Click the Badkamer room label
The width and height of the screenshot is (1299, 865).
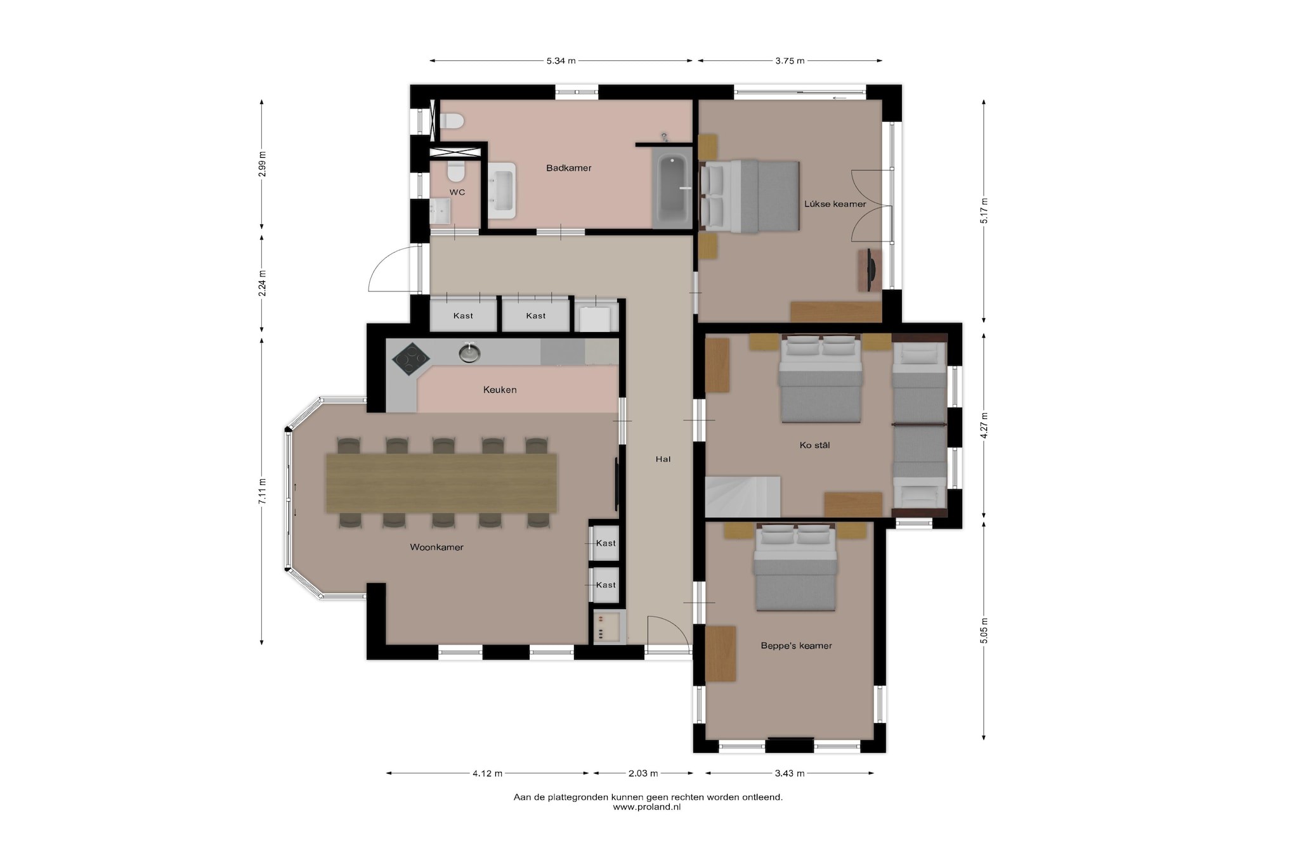568,168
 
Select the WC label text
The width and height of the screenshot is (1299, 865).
457,192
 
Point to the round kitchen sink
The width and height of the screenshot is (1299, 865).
469,352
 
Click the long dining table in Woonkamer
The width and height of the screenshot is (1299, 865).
441,483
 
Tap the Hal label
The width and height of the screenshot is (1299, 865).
663,459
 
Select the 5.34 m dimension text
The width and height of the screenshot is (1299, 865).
561,61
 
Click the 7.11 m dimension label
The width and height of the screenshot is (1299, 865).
262,490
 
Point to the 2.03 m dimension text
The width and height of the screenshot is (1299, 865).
643,773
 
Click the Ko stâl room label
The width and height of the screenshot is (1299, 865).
814,445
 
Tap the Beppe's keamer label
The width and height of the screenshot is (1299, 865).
796,646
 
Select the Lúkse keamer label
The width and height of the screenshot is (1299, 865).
835,204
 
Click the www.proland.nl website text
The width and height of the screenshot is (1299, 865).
647,807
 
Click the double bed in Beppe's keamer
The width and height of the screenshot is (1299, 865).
795,567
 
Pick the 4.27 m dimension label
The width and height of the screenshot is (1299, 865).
984,426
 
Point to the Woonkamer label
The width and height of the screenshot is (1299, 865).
436,547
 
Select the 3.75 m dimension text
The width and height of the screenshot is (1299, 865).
790,61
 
